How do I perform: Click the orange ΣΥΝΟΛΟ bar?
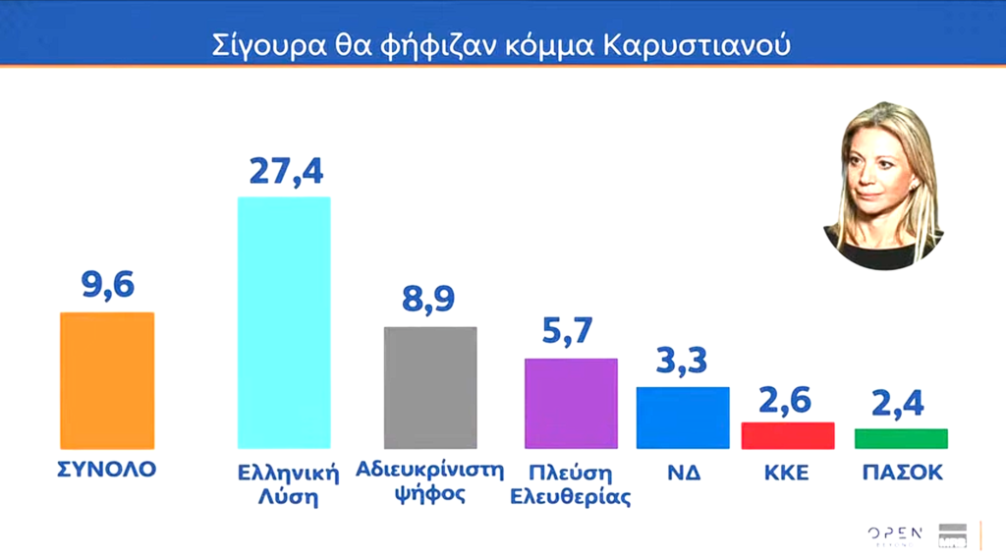107,380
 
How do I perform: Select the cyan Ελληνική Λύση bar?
285,323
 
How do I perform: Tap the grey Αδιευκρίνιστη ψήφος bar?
429,387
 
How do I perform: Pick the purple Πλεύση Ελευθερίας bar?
572,403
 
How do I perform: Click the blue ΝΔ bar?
683,418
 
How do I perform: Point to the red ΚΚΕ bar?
787,435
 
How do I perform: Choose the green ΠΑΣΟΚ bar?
901,438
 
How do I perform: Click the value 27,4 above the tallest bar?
285,170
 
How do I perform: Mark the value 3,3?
683,362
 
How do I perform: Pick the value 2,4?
900,403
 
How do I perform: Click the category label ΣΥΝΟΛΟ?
107,469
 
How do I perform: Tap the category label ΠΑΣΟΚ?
900,473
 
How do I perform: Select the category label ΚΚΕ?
787,473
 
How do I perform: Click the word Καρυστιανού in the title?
707,45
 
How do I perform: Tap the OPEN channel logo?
895,533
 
